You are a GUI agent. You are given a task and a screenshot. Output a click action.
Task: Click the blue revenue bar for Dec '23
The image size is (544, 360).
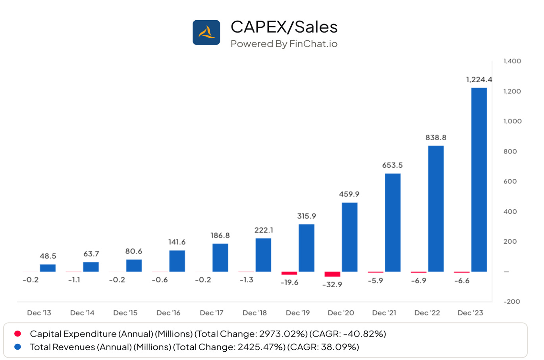coord(478,180)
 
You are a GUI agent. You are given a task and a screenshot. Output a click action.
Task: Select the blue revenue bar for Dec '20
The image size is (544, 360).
coord(349,237)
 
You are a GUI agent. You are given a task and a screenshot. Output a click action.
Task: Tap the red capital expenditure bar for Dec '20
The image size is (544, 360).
coord(332,274)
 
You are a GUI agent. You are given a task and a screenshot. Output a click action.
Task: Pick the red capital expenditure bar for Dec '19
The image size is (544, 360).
coord(289,273)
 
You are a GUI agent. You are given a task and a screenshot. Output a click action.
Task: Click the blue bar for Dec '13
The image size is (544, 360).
coord(48,268)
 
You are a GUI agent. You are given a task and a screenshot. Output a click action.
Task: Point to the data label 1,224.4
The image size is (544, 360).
coord(479,80)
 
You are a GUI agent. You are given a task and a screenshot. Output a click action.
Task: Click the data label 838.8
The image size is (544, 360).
coord(436,137)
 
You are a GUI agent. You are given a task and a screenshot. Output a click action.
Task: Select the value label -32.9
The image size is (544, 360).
coord(332,285)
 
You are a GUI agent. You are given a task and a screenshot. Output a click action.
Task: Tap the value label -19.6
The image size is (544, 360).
coord(289,283)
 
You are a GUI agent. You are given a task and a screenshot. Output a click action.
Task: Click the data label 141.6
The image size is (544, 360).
coord(177,242)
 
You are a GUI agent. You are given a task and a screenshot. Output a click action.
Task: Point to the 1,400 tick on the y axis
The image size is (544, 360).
coord(512,61)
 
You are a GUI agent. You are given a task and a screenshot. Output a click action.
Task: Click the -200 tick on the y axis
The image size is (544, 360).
coord(511,302)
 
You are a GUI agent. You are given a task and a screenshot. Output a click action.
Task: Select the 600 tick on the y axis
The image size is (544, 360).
coord(510,182)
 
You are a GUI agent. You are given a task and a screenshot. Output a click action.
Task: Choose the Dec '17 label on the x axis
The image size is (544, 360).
coord(212,313)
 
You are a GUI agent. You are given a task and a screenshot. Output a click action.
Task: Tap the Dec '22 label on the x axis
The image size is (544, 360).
coord(427,313)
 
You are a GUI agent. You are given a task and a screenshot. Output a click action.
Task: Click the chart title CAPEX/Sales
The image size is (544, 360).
coord(284,27)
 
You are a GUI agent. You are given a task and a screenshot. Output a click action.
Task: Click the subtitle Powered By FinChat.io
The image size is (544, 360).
coord(284,44)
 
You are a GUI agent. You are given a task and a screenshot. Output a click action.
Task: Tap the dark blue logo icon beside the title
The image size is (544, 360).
coord(206,33)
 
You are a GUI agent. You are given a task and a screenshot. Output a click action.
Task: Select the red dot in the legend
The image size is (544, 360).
coord(17,334)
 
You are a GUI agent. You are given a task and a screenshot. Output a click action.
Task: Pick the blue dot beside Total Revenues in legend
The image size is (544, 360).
coord(17,347)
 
